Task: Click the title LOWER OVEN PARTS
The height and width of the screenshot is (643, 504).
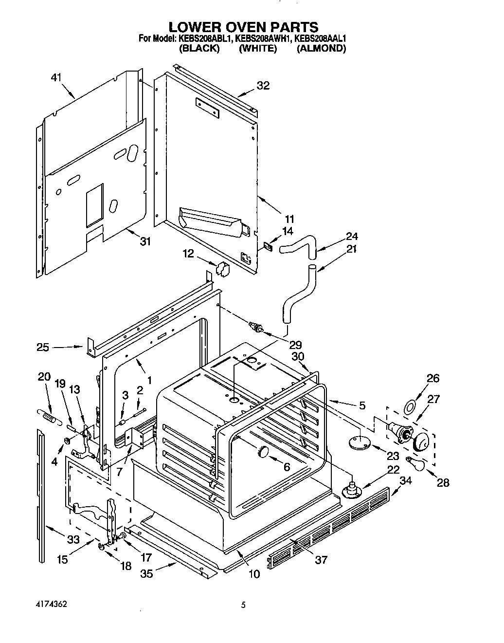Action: [x=243, y=27]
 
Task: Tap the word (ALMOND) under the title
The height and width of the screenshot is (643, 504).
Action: [x=321, y=48]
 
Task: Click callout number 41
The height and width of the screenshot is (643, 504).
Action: [x=57, y=77]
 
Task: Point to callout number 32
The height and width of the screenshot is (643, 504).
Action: [x=263, y=86]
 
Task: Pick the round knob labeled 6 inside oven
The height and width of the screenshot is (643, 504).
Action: [x=263, y=451]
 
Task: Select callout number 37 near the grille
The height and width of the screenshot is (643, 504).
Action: [x=321, y=560]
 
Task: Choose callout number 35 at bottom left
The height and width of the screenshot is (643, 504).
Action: [x=146, y=574]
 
